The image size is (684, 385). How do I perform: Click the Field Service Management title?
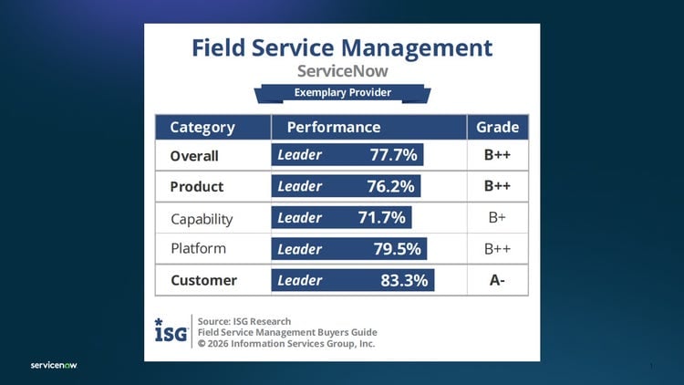(x=342, y=47)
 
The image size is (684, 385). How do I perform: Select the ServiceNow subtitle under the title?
(x=342, y=71)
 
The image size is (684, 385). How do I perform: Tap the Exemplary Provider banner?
(x=342, y=93)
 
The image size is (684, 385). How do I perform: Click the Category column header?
(x=202, y=127)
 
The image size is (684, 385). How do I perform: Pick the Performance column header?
(x=334, y=127)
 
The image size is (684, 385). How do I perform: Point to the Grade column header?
(x=497, y=127)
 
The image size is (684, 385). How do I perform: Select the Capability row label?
(x=202, y=219)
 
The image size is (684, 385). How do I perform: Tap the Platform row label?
(x=198, y=248)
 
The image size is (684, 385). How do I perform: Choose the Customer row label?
(x=203, y=280)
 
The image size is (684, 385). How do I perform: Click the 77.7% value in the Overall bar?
(x=393, y=155)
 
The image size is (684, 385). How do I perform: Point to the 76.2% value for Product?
(x=391, y=186)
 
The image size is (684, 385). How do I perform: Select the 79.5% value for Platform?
(x=397, y=248)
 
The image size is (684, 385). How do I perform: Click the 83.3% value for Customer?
(x=404, y=280)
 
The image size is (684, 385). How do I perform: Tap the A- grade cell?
(x=497, y=280)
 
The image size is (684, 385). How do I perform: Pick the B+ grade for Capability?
(x=497, y=219)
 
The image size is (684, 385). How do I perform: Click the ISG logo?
(x=171, y=331)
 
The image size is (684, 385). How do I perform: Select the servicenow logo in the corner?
(x=54, y=366)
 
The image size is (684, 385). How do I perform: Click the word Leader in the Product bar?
(x=300, y=186)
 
